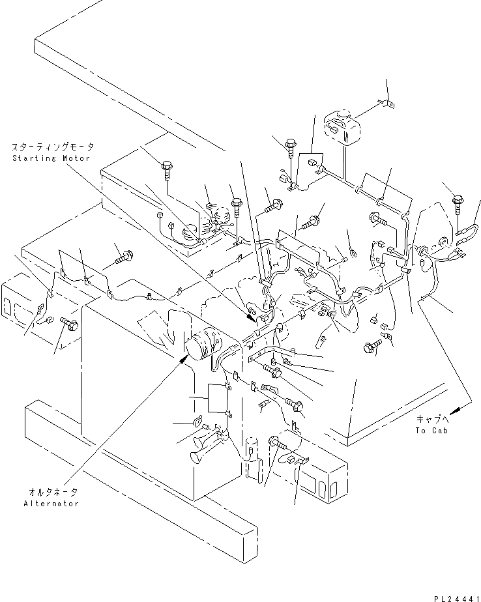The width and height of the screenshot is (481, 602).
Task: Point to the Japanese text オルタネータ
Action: click(x=51, y=493)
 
